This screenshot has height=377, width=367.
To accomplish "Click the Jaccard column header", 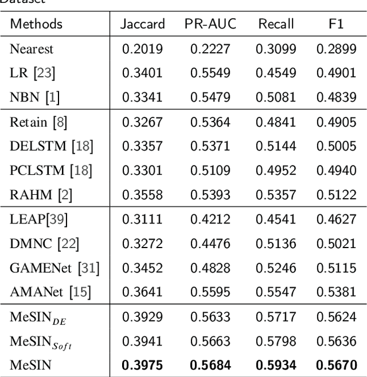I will (142, 24).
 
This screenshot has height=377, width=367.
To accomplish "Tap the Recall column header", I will (275, 24).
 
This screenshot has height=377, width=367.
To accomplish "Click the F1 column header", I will (337, 24).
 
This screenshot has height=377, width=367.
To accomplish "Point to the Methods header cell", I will (37, 24).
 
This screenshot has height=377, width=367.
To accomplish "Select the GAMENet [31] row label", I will (54, 268).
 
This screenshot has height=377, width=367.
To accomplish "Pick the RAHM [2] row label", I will (41, 195).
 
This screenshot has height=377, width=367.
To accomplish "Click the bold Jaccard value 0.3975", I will (142, 365).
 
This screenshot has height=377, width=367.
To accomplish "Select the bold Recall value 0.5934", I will (275, 365).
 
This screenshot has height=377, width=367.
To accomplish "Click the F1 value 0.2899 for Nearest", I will (337, 49).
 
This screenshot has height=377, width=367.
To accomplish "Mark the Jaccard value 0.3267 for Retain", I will (142, 122).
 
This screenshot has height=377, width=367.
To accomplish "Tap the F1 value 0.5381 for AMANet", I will (337, 292).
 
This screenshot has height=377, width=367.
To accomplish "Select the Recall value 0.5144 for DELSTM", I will (275, 146).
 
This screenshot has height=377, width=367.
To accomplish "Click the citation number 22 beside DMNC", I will (69, 244).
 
